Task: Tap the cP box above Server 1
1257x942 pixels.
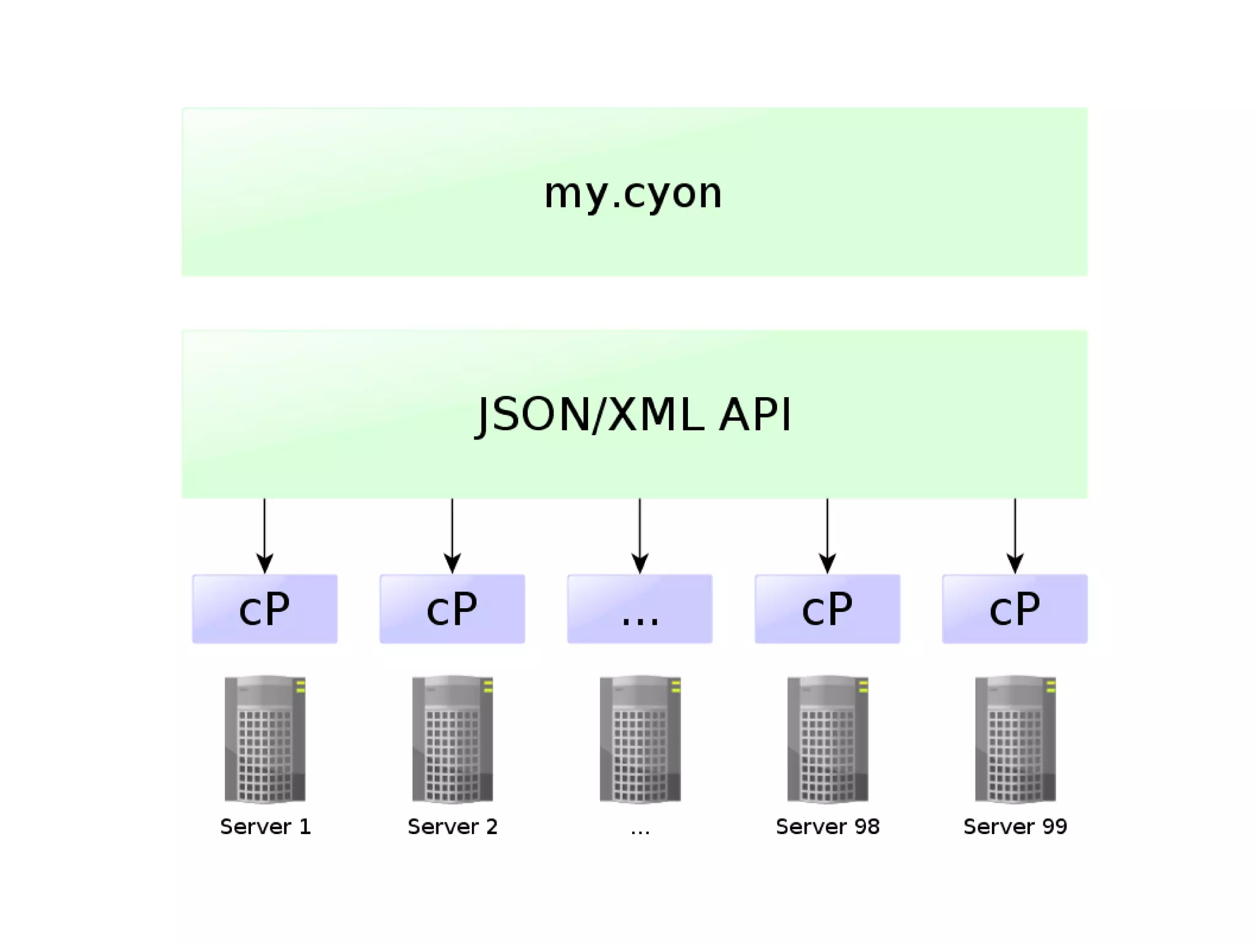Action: click(265, 609)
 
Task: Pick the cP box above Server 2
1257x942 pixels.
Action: click(452, 609)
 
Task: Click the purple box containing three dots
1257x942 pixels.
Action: click(640, 609)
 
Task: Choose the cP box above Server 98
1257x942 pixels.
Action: click(827, 609)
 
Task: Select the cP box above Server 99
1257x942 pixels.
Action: click(1015, 609)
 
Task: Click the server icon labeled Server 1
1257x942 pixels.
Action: click(265, 739)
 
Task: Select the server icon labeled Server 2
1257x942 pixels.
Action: click(452, 739)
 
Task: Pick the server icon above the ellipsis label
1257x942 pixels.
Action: click(640, 739)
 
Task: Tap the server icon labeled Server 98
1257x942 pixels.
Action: click(827, 739)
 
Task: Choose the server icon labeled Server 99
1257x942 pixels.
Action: click(1015, 739)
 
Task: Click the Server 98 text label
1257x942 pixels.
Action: click(827, 827)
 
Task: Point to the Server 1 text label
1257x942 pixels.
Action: click(265, 827)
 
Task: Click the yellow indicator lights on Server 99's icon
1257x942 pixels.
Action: click(1051, 686)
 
